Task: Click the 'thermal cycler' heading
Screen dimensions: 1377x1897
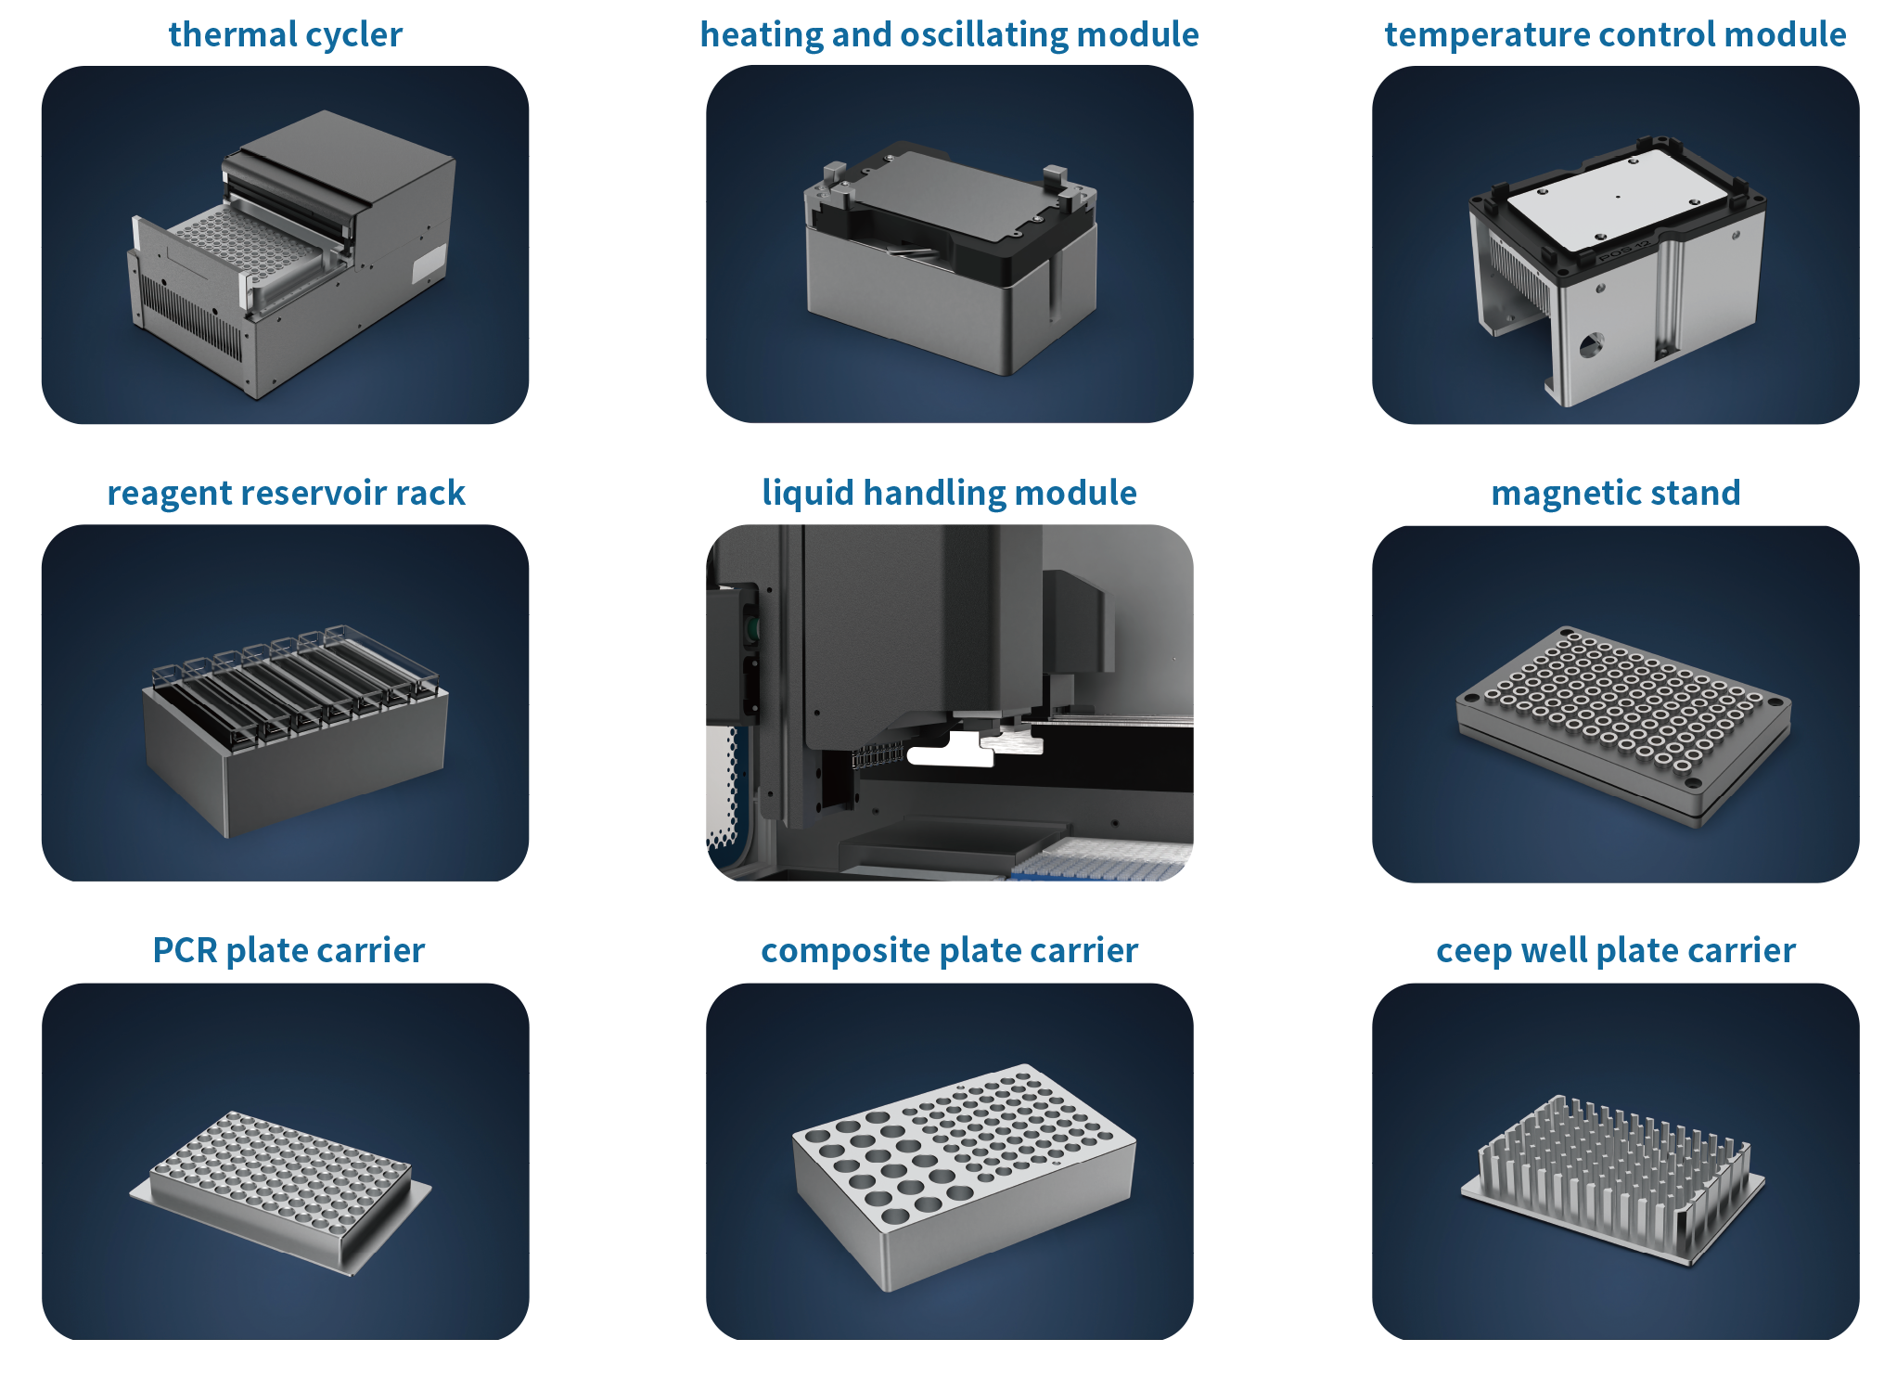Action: tap(285, 34)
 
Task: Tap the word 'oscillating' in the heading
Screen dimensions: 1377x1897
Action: tap(985, 34)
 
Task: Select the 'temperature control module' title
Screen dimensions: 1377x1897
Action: tap(1615, 34)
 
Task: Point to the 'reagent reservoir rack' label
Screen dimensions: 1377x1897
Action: tap(286, 493)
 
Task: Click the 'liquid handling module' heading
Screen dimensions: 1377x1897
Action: tap(949, 493)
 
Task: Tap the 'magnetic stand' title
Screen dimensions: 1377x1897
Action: tap(1615, 493)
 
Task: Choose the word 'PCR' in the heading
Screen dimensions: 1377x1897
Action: tap(184, 950)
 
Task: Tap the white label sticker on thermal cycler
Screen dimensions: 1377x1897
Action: tap(429, 264)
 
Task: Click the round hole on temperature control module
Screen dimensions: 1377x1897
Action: tap(1590, 346)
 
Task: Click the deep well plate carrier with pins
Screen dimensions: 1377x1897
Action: tap(1614, 1178)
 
